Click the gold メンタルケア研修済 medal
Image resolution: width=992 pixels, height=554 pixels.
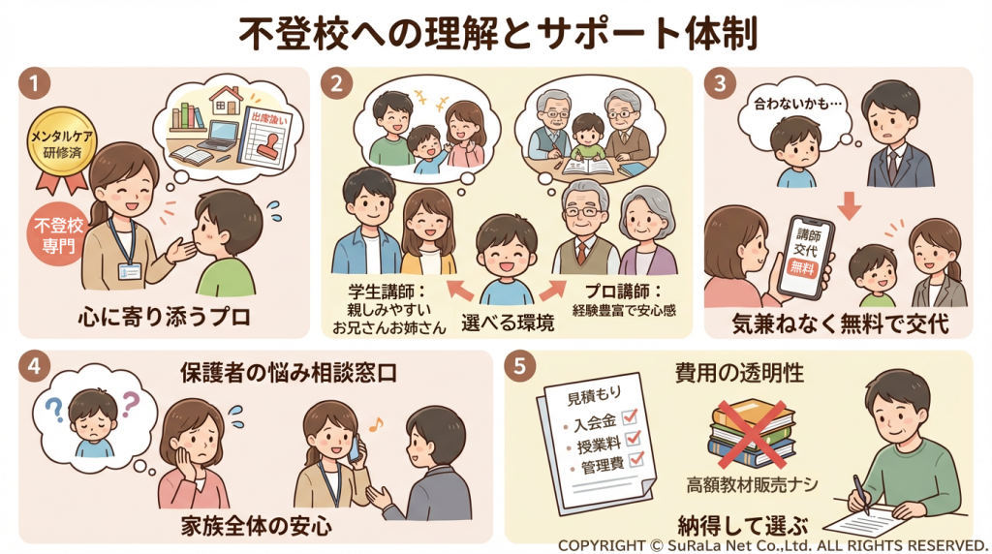(61, 144)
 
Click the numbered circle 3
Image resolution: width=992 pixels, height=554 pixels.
(720, 84)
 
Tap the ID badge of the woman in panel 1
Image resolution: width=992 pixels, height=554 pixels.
(129, 271)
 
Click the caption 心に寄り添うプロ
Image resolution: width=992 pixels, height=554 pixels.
(165, 316)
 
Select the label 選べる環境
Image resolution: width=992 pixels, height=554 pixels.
(508, 323)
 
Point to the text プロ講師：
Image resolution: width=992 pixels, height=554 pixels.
(623, 291)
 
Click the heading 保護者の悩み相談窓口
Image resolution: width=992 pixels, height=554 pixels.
(289, 373)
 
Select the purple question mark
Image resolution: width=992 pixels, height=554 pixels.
(131, 404)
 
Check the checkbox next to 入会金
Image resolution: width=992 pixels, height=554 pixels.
(630, 416)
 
